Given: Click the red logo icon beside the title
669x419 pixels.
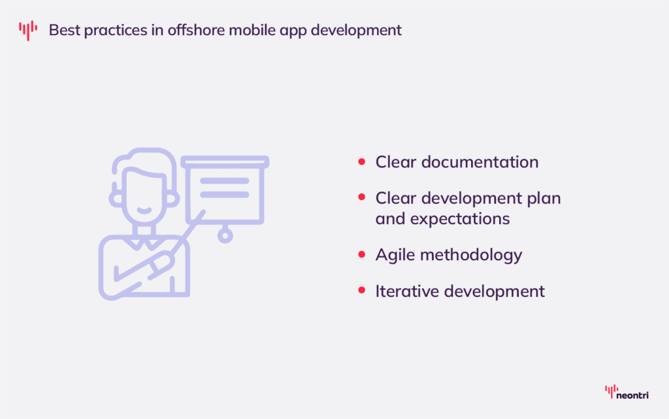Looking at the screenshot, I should [27, 30].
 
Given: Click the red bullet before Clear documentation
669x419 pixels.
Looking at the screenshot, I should [361, 162].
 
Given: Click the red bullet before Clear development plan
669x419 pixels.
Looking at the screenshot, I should [361, 197].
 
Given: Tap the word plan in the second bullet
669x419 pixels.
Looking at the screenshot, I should [544, 197].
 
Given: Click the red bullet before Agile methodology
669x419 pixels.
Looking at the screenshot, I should [361, 255].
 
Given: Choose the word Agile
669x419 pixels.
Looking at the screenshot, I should [395, 255].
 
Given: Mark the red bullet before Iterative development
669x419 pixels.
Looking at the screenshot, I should [361, 291].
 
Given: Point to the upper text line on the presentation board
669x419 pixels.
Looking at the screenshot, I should [224, 181].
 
